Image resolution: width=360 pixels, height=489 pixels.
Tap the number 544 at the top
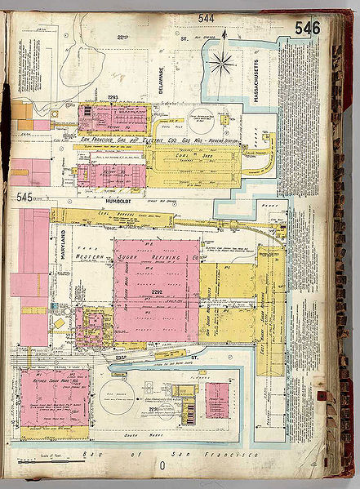(x=206, y=18)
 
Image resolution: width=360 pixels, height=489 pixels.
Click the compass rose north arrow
(x=222, y=62)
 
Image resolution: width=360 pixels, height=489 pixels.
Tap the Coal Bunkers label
(x=109, y=216)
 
